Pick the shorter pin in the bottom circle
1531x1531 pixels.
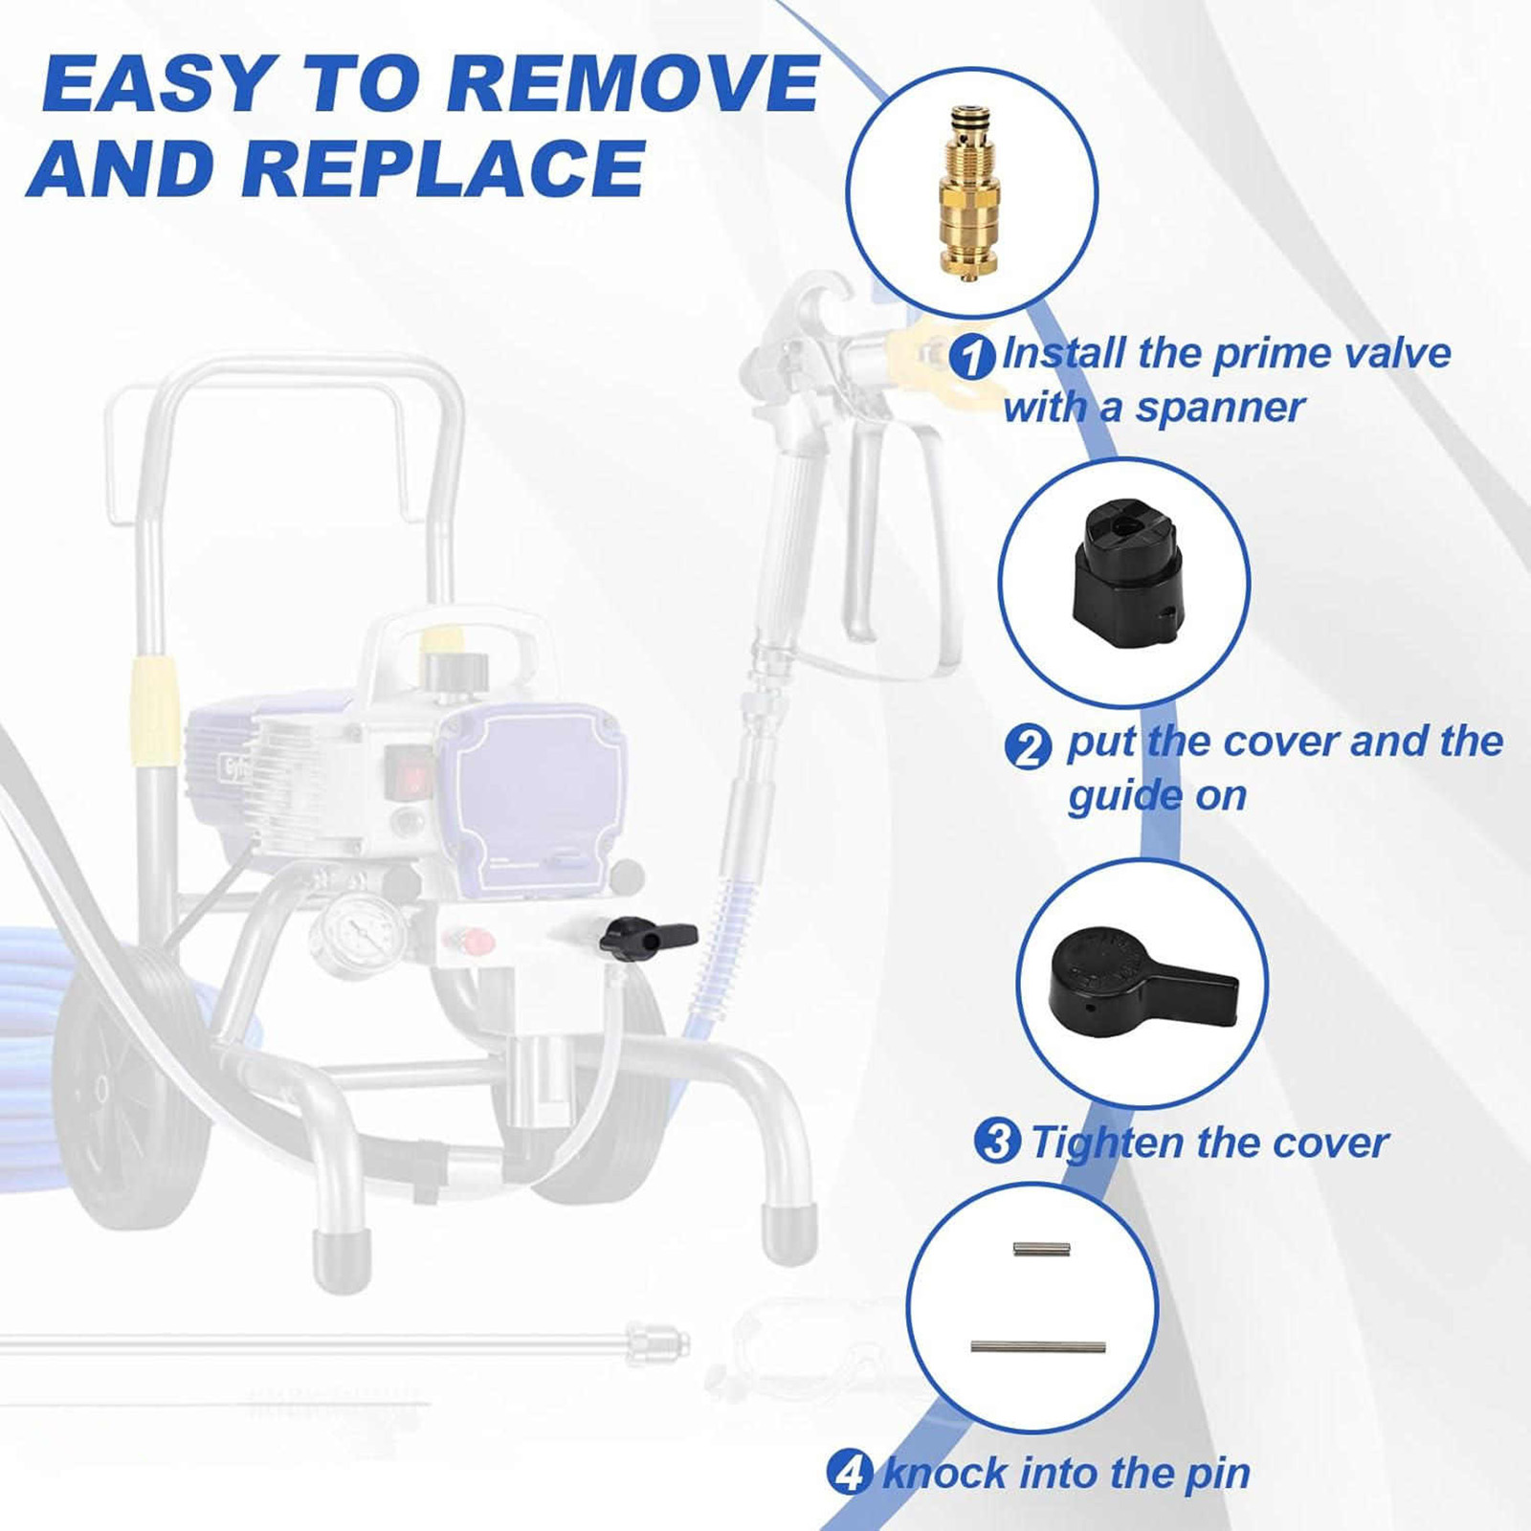coord(1041,1248)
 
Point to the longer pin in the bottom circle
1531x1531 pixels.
coord(1038,1346)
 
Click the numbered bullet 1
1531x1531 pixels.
coord(972,357)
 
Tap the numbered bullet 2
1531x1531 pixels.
coord(1029,746)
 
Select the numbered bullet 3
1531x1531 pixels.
coord(997,1142)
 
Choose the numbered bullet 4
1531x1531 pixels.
coord(849,1473)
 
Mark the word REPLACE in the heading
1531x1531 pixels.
coord(444,169)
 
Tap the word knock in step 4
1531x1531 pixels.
coord(944,1473)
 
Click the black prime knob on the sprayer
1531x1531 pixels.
coord(647,936)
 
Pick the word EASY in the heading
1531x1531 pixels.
coord(160,84)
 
